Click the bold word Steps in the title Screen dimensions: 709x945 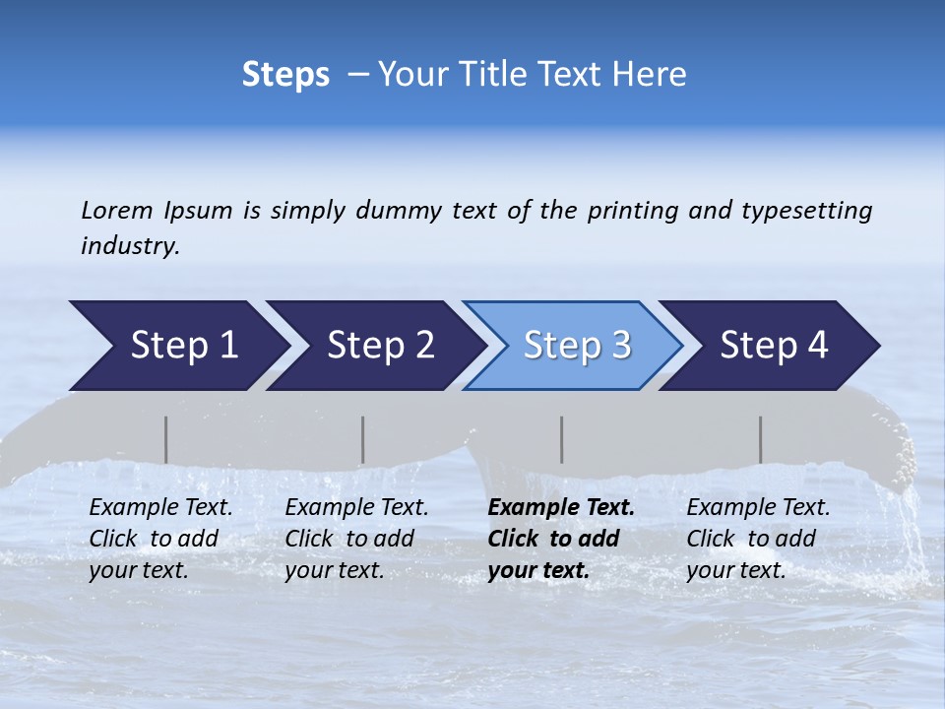[285, 75]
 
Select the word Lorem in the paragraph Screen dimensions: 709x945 [117, 210]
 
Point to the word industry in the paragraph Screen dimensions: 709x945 [129, 245]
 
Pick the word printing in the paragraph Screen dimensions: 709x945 [633, 210]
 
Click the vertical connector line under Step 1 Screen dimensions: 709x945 [166, 439]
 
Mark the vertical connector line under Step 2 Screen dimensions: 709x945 [363, 439]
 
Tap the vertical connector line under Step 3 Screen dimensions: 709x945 [562, 439]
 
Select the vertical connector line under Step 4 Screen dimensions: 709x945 [761, 439]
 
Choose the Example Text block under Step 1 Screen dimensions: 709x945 [160, 539]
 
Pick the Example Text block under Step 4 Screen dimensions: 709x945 [758, 539]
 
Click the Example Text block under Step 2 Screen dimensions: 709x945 [356, 539]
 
